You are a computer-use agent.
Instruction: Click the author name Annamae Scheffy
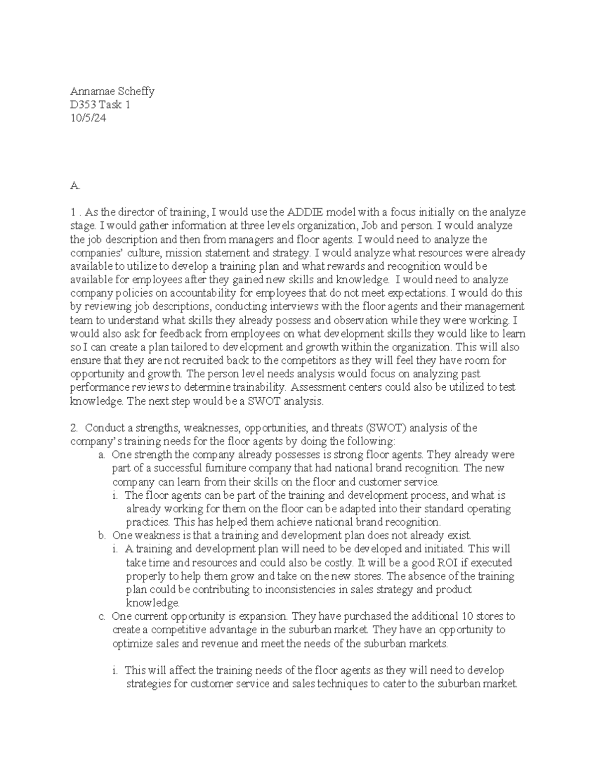coord(112,91)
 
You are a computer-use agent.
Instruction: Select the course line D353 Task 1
coord(100,105)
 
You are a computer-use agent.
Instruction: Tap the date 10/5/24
coord(88,118)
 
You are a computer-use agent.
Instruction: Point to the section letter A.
coord(75,186)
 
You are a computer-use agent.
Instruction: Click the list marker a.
coord(101,454)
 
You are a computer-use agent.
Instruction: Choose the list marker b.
coord(102,536)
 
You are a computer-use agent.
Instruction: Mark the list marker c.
coord(101,616)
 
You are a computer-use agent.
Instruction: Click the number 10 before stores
coord(468,616)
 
